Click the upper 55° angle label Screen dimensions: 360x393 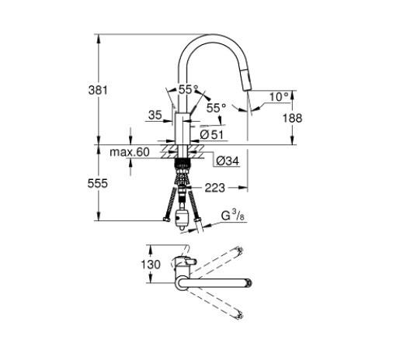pyautogui.click(x=189, y=90)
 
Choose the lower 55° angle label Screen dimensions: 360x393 pyautogui.click(x=216, y=108)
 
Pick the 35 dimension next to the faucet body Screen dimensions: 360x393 pyautogui.click(x=155, y=115)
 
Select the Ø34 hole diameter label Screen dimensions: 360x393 pyautogui.click(x=226, y=161)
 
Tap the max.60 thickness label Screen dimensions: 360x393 pyautogui.click(x=129, y=152)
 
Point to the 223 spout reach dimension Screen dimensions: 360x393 pyautogui.click(x=215, y=187)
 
